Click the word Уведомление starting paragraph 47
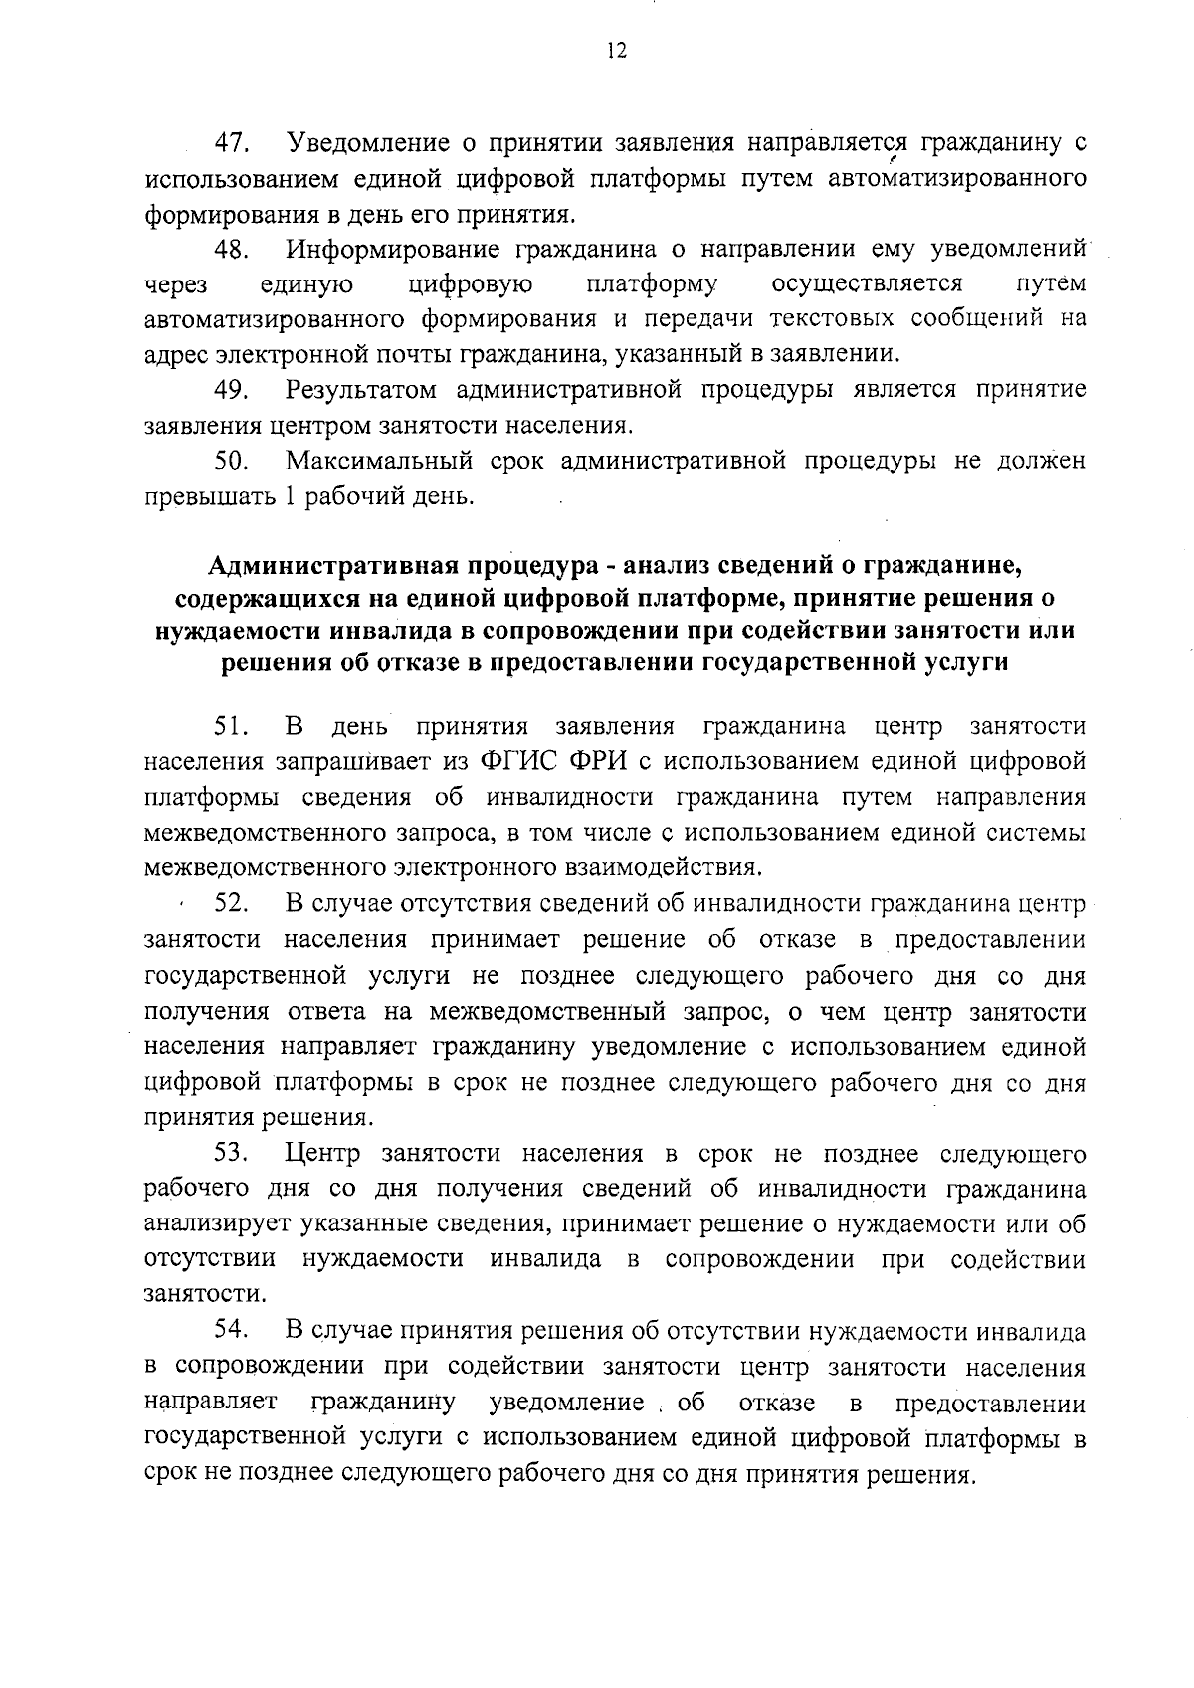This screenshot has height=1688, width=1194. click(x=367, y=143)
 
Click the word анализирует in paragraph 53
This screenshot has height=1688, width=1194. click(x=213, y=1224)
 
